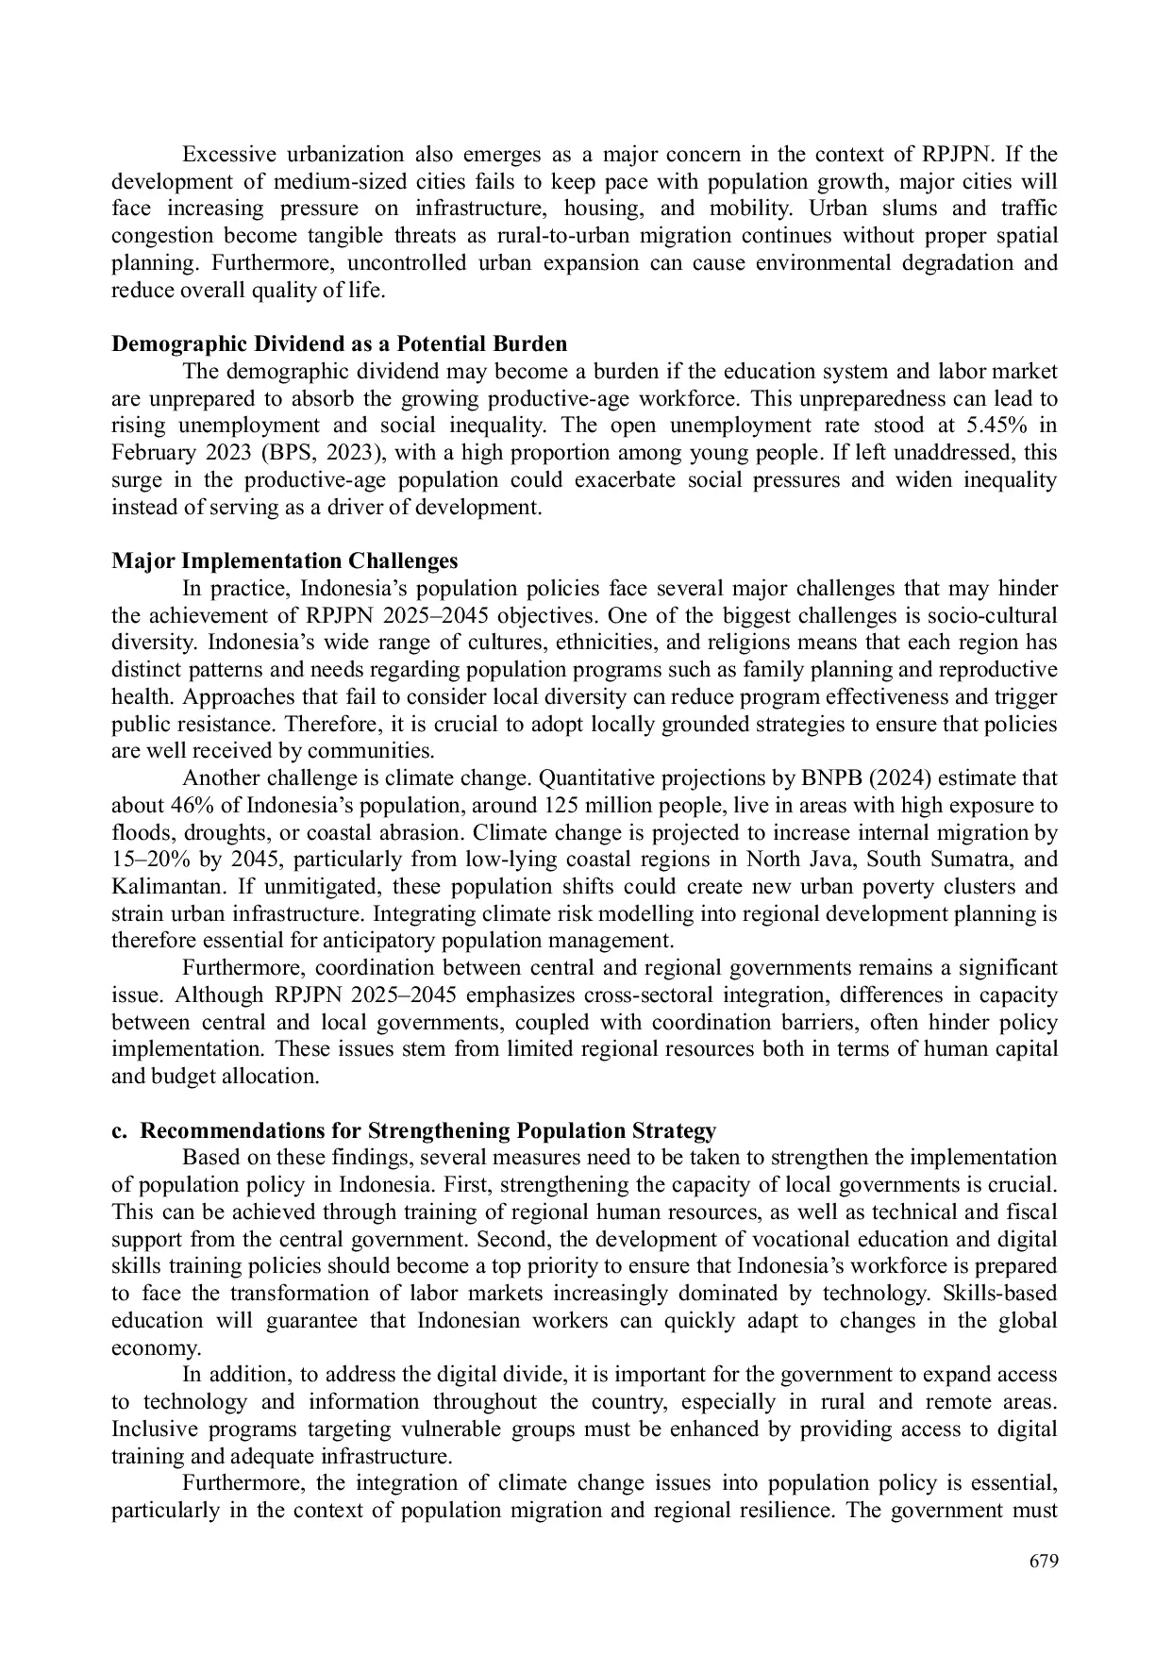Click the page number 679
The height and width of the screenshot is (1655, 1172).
tap(1044, 1561)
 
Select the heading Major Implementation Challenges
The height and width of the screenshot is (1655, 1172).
tap(284, 561)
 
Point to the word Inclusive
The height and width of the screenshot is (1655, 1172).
tap(154, 1429)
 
